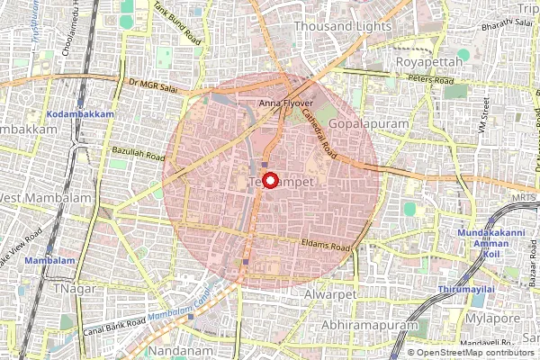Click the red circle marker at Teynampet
click(267, 177)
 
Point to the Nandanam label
click(184, 349)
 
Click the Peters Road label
click(431, 80)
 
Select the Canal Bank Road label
click(111, 325)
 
